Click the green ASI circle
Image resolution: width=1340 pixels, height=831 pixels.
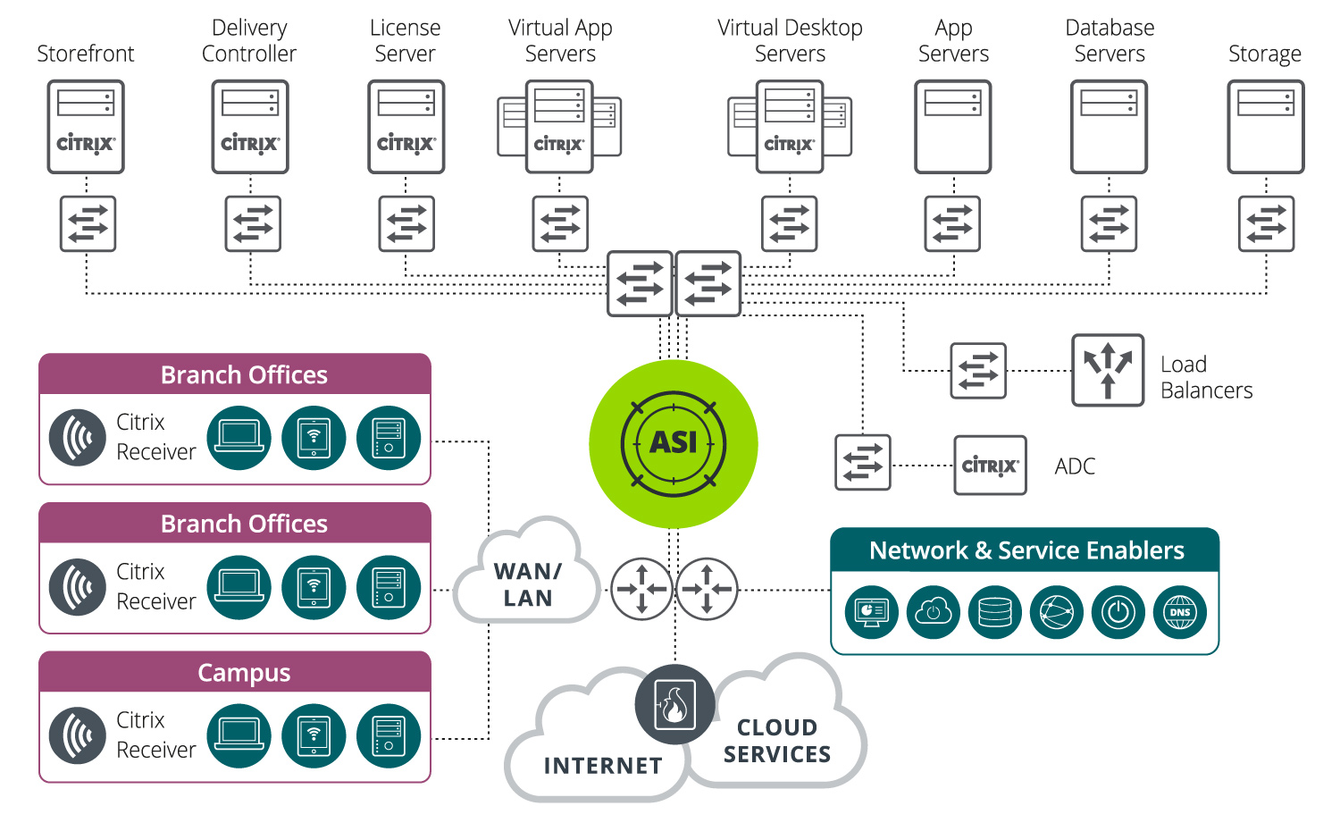pyautogui.click(x=673, y=444)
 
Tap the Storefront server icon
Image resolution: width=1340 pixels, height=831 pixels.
pyautogui.click(x=86, y=126)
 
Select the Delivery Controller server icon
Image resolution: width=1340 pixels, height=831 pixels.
pyautogui.click(x=250, y=126)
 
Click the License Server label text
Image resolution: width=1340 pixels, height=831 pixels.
pyautogui.click(x=405, y=41)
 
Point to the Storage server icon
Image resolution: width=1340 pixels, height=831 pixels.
pyautogui.click(x=1265, y=126)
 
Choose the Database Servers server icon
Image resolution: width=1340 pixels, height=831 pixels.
pyautogui.click(x=1109, y=126)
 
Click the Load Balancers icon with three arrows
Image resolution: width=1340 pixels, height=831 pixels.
pyautogui.click(x=1108, y=370)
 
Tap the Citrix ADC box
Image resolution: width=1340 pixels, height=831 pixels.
pyautogui.click(x=990, y=466)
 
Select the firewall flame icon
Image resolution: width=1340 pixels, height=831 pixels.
pyautogui.click(x=674, y=704)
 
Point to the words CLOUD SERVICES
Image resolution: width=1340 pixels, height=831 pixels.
pyautogui.click(x=776, y=741)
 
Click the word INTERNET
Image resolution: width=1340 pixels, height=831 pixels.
pyautogui.click(x=603, y=766)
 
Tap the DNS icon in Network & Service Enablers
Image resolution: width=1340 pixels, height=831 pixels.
pyautogui.click(x=1180, y=612)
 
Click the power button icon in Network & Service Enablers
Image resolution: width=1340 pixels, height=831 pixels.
pyautogui.click(x=1118, y=612)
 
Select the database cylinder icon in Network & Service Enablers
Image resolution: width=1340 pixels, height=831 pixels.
pyautogui.click(x=995, y=612)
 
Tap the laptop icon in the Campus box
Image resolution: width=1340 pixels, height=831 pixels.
pyautogui.click(x=239, y=735)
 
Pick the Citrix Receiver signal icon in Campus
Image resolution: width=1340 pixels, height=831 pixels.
pyautogui.click(x=78, y=735)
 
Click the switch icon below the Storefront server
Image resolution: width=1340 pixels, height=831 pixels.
pyautogui.click(x=88, y=223)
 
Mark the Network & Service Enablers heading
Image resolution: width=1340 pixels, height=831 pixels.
pyautogui.click(x=1026, y=550)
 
